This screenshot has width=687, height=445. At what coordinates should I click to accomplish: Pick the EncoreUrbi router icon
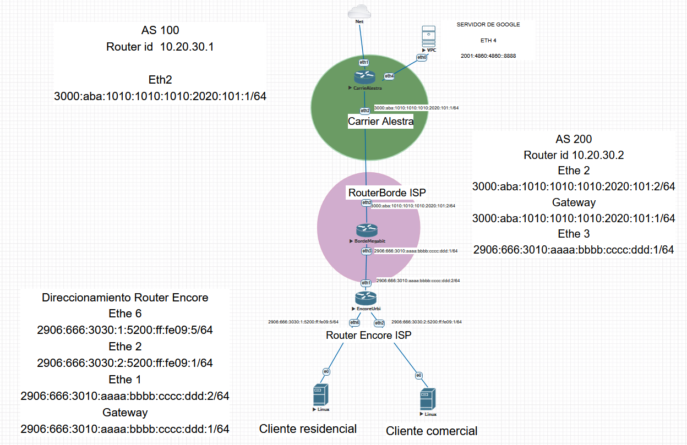point(366,298)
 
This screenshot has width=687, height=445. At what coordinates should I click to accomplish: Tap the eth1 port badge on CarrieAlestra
point(364,62)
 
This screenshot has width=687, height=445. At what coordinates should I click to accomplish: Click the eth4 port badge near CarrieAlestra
point(389,76)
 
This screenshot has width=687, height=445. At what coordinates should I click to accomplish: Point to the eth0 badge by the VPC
point(422,57)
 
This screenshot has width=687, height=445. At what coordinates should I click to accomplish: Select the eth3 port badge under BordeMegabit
point(367,251)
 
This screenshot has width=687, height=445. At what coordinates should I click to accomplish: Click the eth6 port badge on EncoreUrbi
point(355,322)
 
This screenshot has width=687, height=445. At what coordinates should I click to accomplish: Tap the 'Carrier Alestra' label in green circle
point(380,122)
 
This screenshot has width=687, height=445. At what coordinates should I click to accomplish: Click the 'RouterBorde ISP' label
point(387,193)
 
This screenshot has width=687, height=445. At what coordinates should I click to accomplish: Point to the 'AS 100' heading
point(160,30)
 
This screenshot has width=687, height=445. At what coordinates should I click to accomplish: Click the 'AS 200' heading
point(574,139)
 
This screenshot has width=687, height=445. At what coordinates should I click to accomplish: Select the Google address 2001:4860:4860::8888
point(488,56)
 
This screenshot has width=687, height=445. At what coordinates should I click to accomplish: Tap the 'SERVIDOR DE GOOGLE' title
point(488,25)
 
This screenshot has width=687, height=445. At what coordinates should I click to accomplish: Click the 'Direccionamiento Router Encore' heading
point(125,298)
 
